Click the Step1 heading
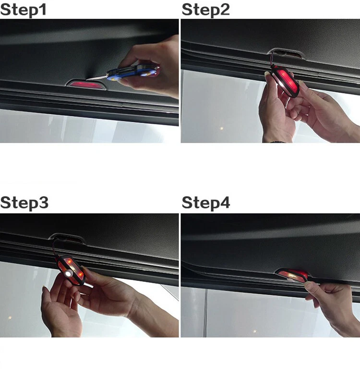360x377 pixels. pos(24,9)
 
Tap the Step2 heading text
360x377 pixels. pos(205,9)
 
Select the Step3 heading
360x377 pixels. pos(24,202)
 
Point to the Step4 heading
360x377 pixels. pos(206,202)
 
